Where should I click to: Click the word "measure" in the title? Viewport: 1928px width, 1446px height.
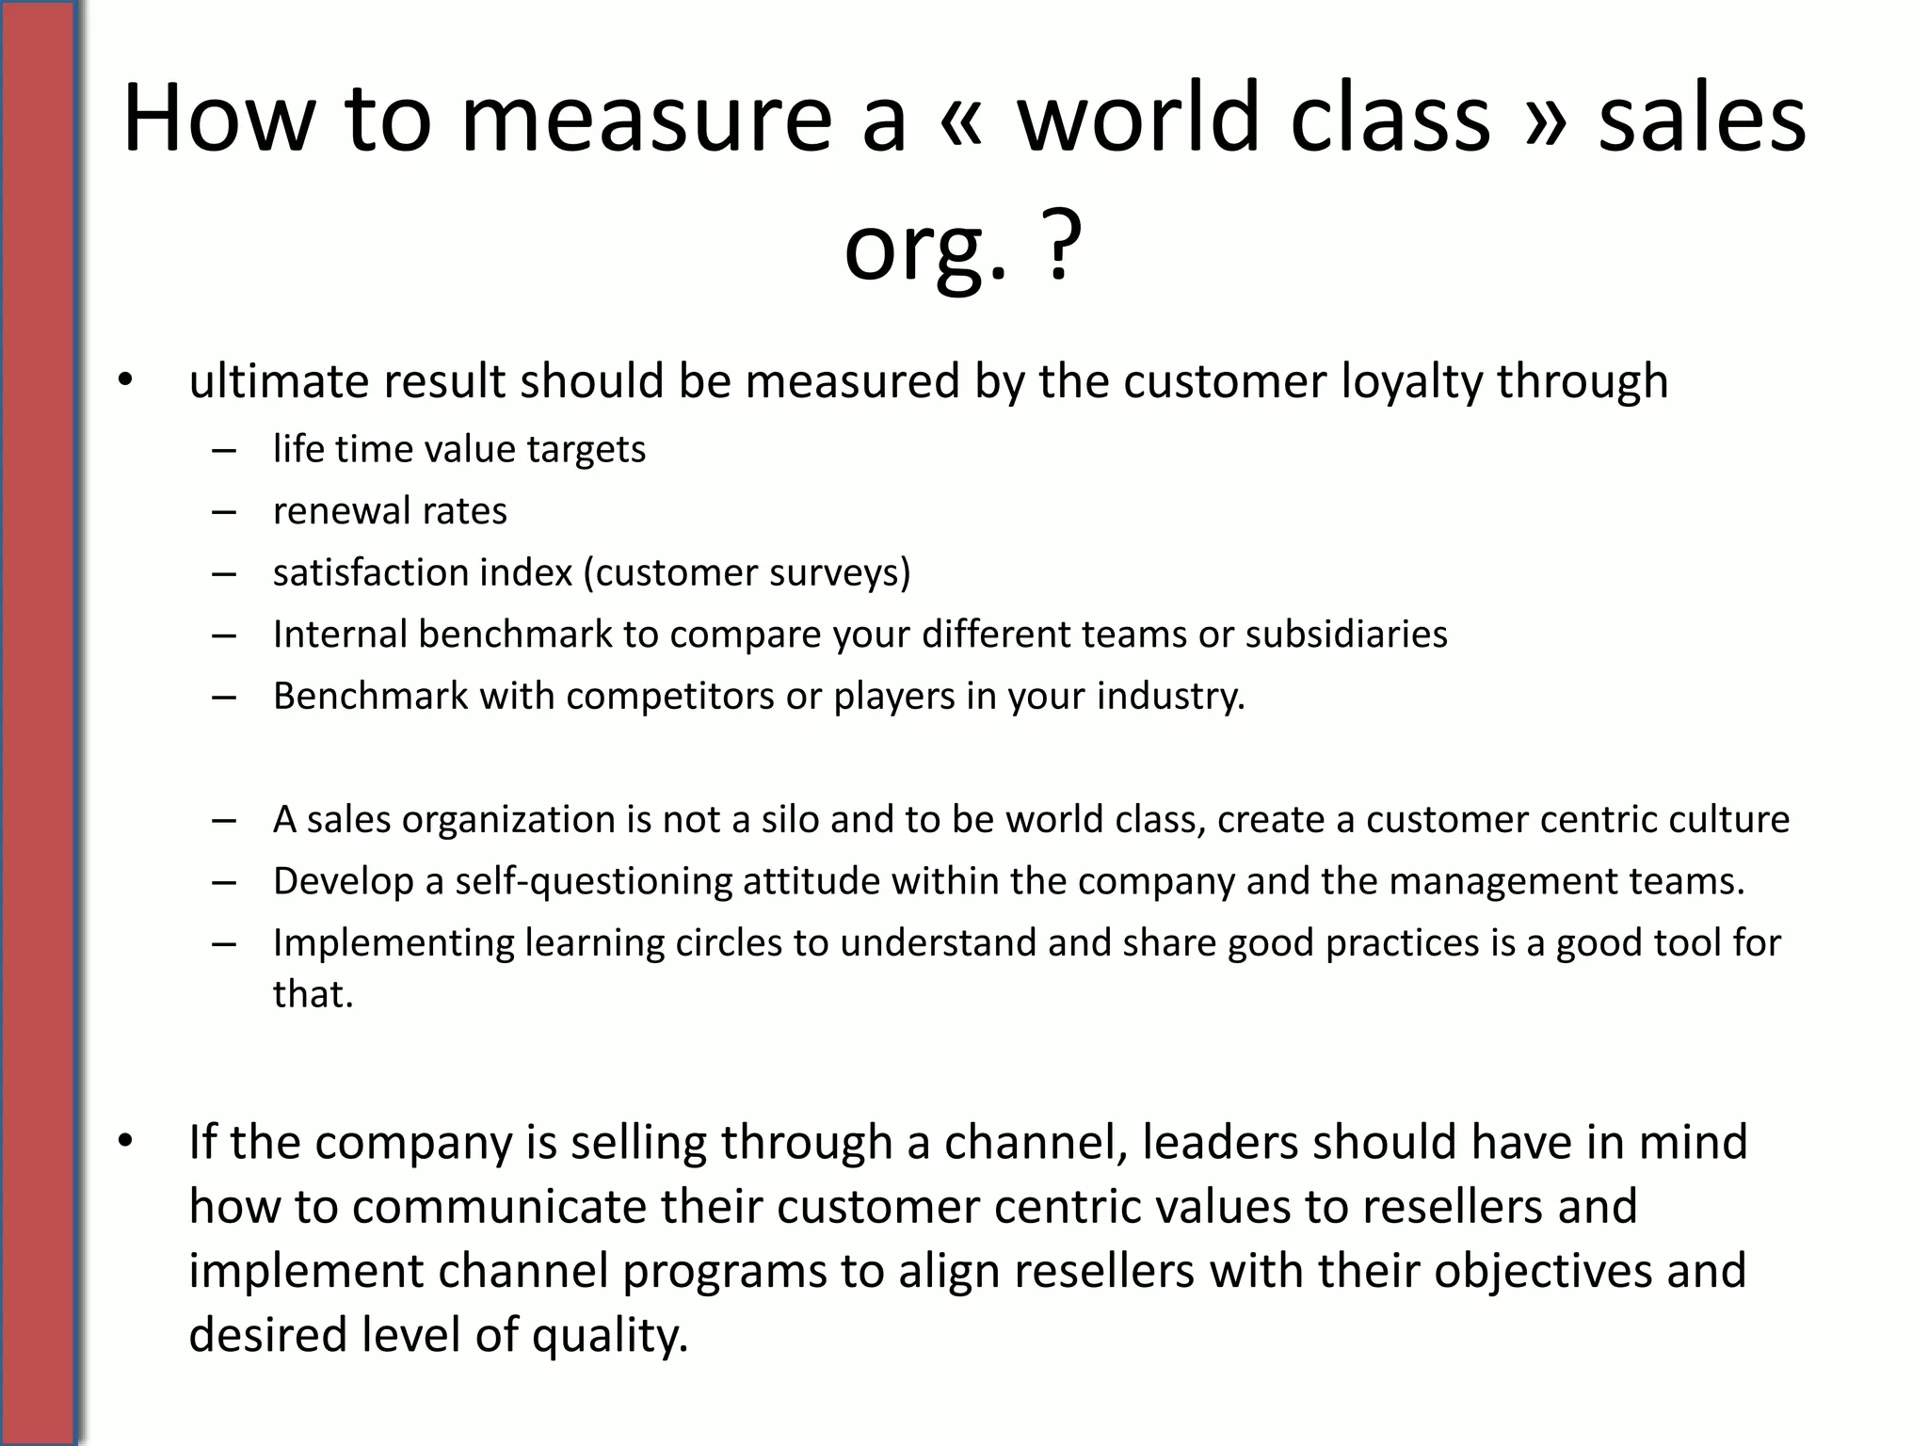pos(647,120)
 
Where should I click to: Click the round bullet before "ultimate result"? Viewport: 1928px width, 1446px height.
pos(126,381)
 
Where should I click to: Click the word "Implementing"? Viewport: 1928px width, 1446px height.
pos(394,943)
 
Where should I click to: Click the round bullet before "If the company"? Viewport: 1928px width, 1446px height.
pos(126,1142)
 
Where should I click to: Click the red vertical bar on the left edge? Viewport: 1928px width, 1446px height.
pos(38,723)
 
